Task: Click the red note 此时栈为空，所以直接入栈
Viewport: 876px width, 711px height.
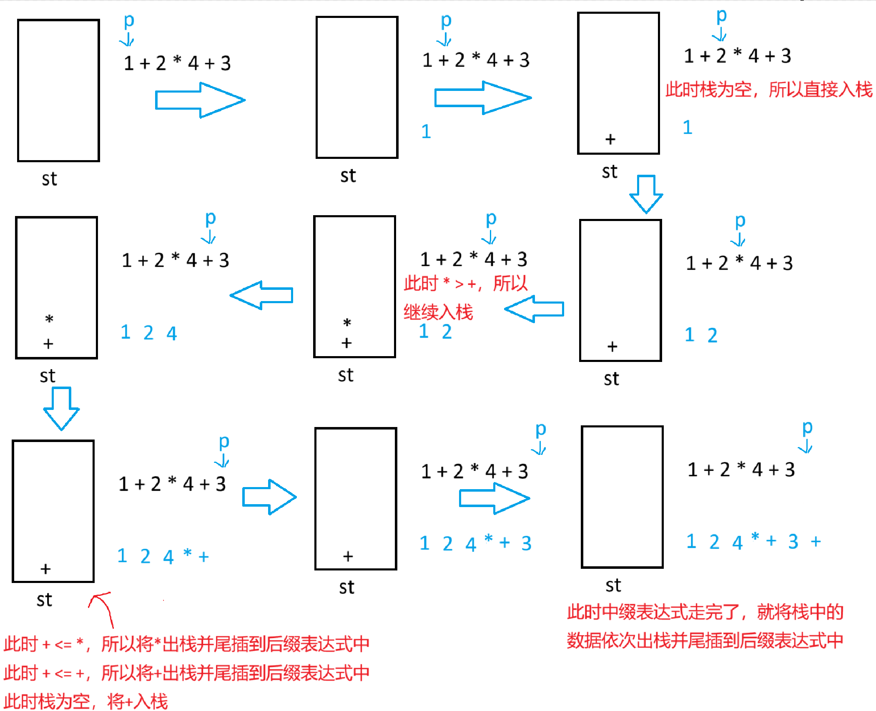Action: click(768, 90)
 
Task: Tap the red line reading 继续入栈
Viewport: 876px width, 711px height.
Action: click(438, 312)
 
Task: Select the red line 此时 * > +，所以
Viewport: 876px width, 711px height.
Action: click(465, 284)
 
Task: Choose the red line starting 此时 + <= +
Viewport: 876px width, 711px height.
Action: click(186, 673)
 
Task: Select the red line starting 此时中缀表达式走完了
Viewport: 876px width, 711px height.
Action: click(705, 612)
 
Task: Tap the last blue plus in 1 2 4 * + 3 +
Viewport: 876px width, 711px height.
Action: click(816, 542)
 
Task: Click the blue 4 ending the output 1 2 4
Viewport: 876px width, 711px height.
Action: click(172, 333)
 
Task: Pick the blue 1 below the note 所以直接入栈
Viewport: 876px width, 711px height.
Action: click(688, 128)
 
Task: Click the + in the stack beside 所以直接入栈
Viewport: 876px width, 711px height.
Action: click(610, 139)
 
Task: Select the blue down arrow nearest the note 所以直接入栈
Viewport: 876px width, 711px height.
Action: click(646, 194)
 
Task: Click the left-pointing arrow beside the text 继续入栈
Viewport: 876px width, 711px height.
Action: click(534, 309)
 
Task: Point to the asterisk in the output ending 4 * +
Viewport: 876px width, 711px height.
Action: click(188, 553)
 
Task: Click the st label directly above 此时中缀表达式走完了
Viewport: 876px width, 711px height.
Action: click(613, 585)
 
